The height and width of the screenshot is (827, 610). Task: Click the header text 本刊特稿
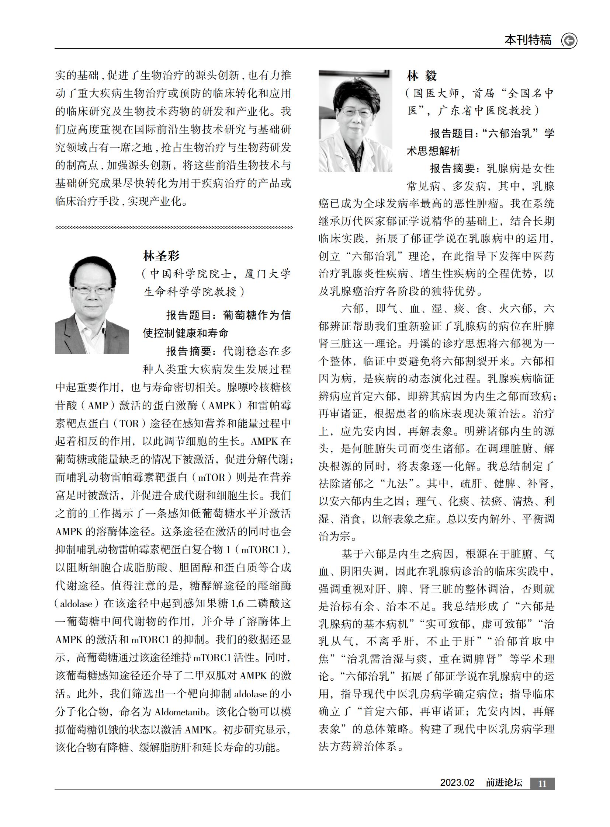coord(528,39)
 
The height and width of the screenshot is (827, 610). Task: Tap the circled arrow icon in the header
coord(569,40)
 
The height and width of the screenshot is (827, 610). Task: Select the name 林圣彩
coord(161,255)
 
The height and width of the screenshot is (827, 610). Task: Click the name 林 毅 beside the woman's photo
coord(422,76)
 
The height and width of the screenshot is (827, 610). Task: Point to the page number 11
coord(542,783)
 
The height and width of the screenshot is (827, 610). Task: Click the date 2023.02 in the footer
coord(457,782)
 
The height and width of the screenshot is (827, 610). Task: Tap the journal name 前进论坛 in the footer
coord(504,782)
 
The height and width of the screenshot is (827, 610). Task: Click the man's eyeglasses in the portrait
coord(92,290)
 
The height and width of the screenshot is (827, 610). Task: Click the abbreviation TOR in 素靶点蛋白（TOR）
coord(129,423)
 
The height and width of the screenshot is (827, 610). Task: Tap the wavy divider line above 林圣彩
coord(174,227)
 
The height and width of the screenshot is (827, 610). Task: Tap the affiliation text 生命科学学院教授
coord(190,292)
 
